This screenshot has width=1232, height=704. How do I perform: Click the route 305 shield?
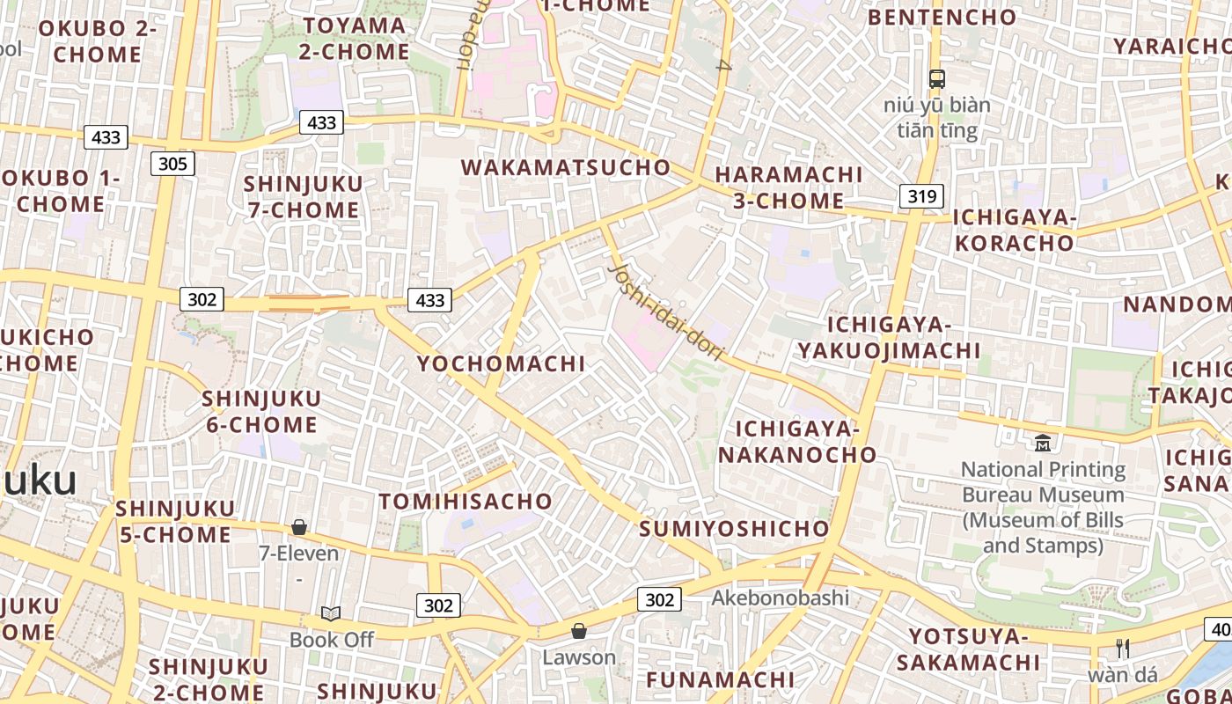[172, 163]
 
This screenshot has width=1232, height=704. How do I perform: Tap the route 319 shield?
[921, 195]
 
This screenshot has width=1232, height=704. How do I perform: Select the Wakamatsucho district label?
[565, 167]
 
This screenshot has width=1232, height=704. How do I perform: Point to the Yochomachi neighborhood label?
[501, 363]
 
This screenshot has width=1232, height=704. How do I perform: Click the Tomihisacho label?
[466, 502]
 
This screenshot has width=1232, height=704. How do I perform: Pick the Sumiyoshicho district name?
[734, 529]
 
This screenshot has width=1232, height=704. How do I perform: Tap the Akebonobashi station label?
[780, 598]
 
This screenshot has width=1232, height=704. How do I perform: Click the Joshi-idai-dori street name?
[667, 312]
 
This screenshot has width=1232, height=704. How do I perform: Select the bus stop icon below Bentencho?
[937, 79]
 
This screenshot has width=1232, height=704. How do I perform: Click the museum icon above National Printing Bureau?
[1043, 442]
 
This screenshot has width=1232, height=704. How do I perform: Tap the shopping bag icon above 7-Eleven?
[299, 527]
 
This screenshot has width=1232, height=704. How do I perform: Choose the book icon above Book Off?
[331, 613]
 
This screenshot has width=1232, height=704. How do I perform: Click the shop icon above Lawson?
[579, 631]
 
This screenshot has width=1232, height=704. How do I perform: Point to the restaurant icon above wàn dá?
[1122, 649]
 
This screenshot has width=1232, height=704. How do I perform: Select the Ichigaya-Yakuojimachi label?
[889, 338]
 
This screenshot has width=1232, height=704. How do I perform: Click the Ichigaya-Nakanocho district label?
[797, 442]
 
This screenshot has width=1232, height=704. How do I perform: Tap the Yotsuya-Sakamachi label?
[974, 649]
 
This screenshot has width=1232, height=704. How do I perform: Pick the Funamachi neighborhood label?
[720, 680]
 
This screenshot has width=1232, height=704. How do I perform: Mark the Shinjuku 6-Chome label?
[261, 412]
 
